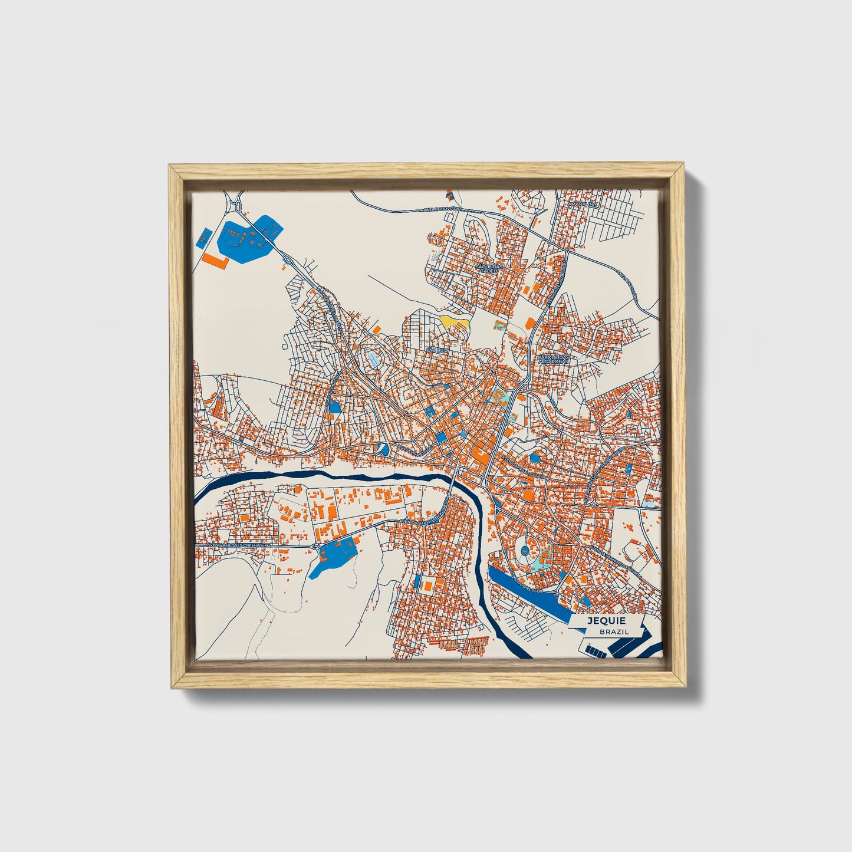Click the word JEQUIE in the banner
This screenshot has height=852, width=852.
point(606,620)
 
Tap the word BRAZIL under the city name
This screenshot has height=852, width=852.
point(614,631)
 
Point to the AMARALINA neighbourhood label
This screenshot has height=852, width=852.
point(583,204)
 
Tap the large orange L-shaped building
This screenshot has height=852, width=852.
point(216,259)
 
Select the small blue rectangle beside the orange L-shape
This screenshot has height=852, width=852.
point(202,239)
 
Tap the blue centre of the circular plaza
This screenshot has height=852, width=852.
point(525,551)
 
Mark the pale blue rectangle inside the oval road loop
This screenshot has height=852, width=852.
point(374,359)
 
